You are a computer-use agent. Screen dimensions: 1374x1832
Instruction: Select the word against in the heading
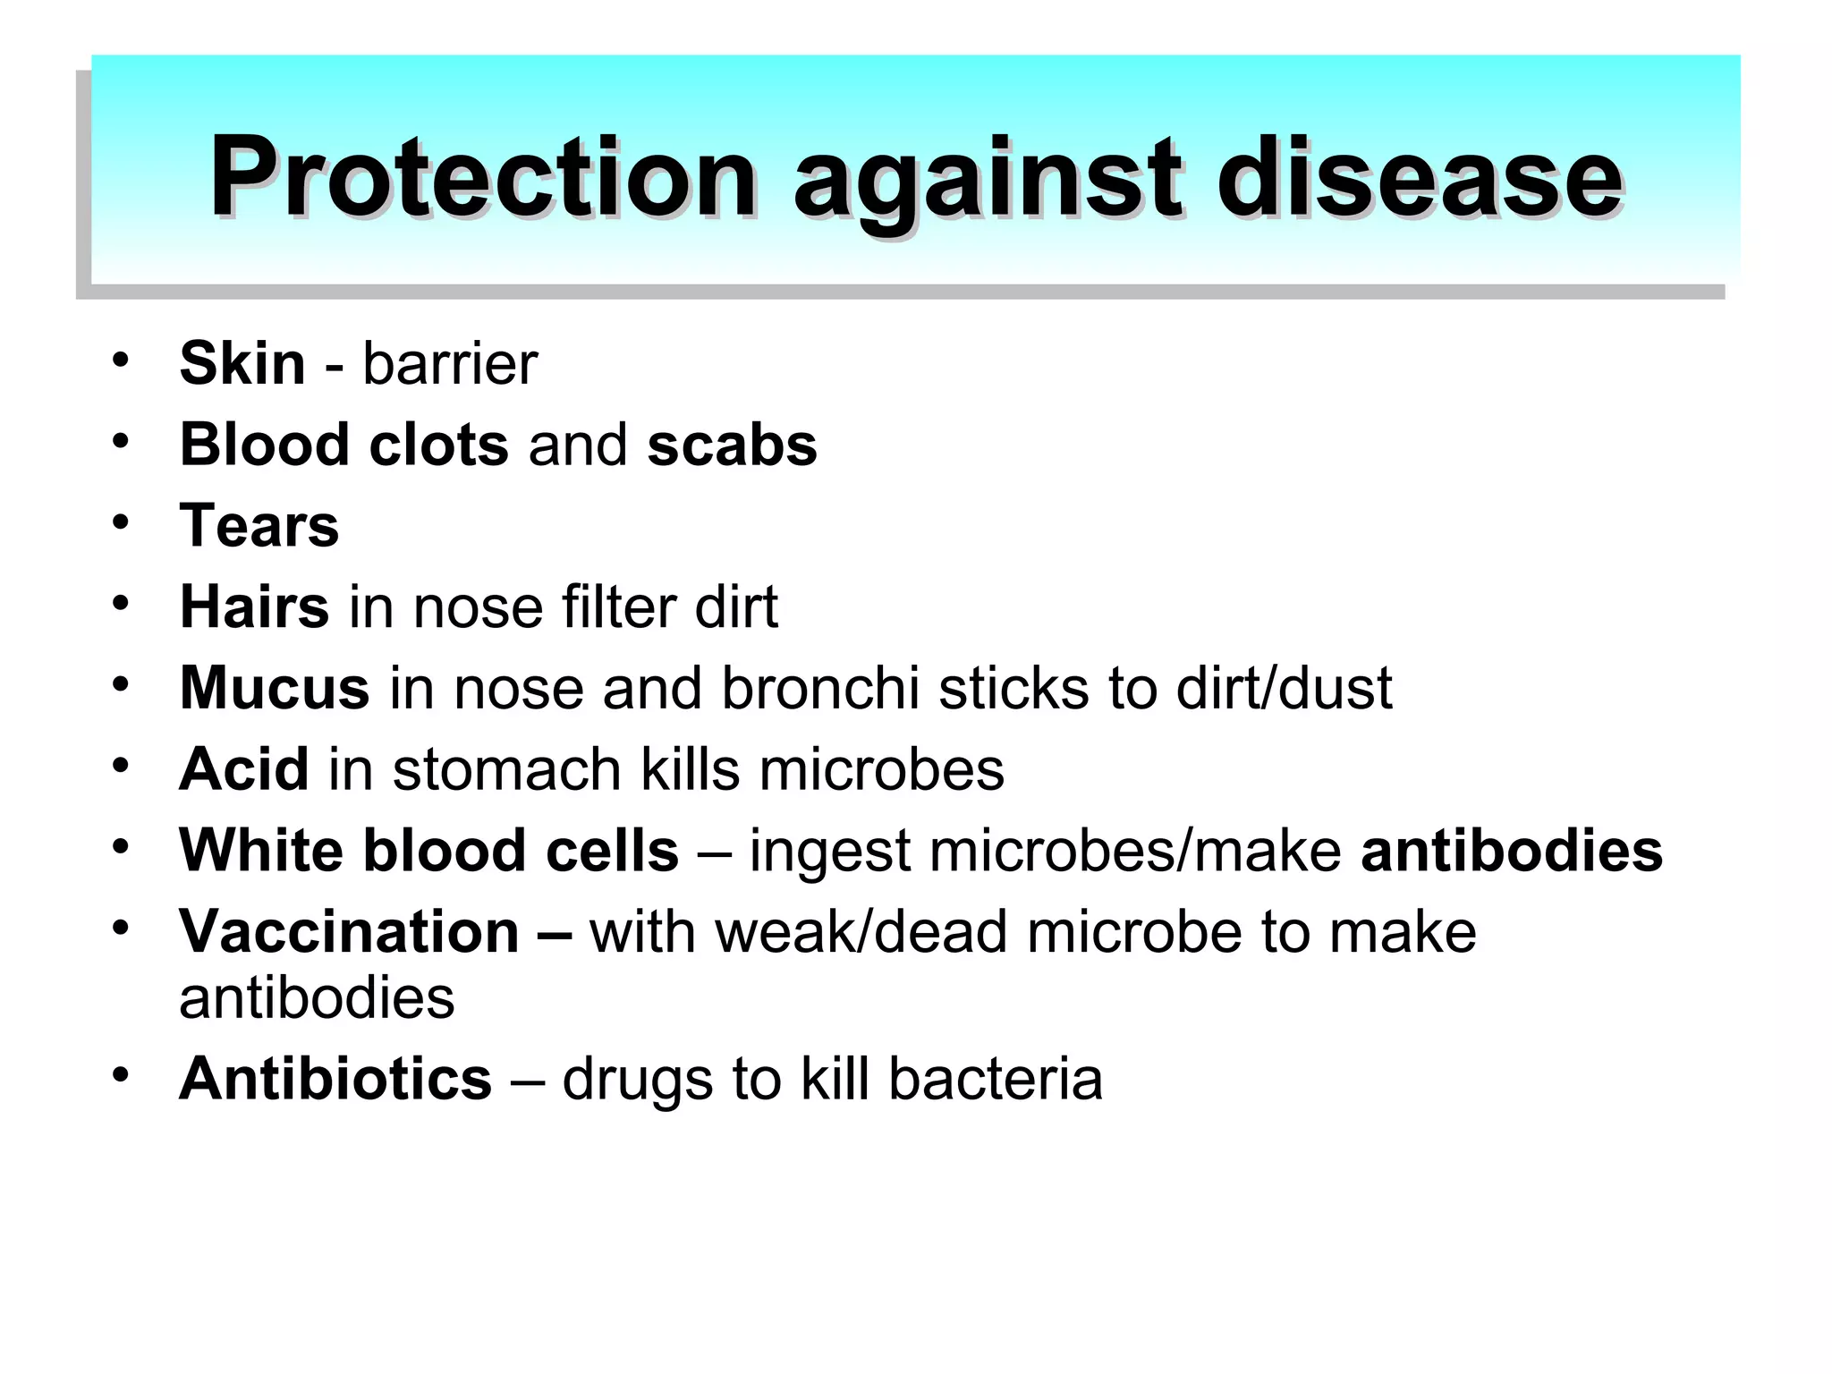988,179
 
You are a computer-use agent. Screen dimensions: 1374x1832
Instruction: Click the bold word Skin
242,363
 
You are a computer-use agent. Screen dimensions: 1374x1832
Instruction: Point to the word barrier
450,363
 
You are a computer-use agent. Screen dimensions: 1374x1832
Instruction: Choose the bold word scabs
732,445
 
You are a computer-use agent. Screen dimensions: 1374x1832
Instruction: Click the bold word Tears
259,525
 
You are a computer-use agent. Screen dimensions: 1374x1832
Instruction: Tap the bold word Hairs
254,606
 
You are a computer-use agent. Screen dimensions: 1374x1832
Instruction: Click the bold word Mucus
275,687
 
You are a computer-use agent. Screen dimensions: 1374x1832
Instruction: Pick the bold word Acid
244,768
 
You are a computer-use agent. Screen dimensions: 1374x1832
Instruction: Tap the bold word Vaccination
349,931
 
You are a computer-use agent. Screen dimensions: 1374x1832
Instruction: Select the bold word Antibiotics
335,1078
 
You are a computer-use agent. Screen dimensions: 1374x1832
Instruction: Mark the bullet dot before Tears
121,522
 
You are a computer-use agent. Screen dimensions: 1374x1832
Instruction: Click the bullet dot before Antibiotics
121,1073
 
